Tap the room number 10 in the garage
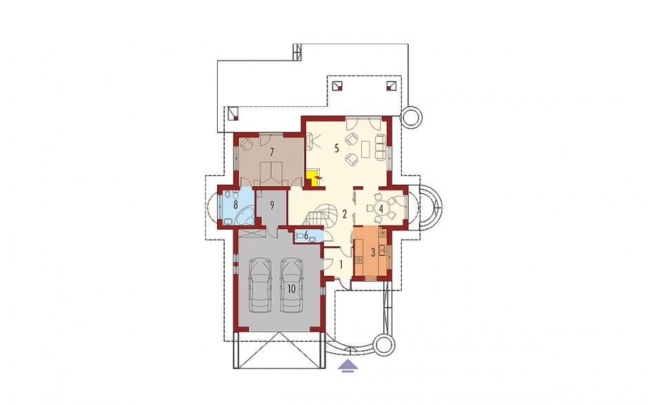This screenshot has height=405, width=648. [292, 289]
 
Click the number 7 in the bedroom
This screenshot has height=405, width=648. [272, 152]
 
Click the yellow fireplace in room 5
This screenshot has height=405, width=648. [311, 178]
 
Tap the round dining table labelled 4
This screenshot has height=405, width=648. [381, 208]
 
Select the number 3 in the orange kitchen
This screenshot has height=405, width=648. [373, 252]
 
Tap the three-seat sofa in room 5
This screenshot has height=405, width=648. [380, 146]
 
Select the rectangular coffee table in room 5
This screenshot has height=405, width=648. [366, 149]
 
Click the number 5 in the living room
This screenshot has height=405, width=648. [337, 148]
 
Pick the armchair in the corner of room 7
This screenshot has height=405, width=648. [247, 144]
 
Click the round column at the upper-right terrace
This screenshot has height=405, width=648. [412, 117]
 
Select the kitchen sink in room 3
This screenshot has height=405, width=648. [383, 250]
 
